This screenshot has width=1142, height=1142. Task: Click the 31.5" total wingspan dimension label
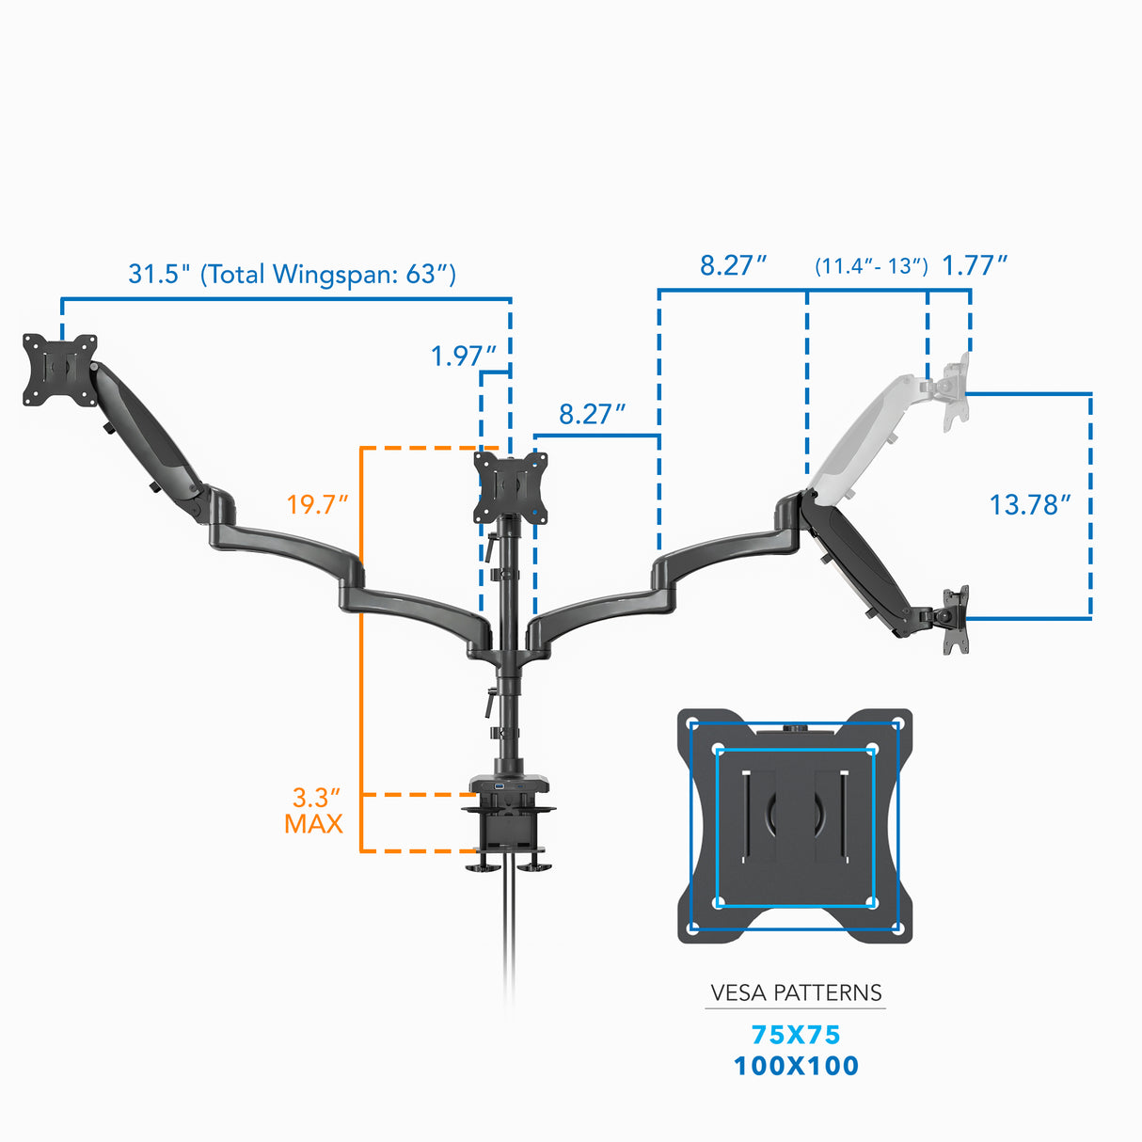coord(292,274)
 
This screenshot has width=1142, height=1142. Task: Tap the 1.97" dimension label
coord(463,356)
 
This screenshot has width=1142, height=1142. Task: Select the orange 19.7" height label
coord(317,504)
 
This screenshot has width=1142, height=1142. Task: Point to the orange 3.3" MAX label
coord(314,811)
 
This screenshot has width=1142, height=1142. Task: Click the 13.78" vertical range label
coord(1030,505)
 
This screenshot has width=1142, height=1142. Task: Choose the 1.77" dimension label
coord(975,265)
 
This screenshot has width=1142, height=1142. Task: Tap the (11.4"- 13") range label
coord(871,266)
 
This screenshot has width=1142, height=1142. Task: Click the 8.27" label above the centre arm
coord(592,414)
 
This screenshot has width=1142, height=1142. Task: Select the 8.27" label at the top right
coord(733,265)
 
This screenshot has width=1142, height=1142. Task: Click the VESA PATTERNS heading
coord(796,992)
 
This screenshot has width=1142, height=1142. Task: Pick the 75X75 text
coord(796,1035)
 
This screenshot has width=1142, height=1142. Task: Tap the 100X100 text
coord(796,1066)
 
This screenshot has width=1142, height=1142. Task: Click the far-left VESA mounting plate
coord(60,370)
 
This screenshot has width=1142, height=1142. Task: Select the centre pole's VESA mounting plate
coord(510,487)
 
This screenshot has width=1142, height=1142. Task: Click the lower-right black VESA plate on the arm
coord(956,619)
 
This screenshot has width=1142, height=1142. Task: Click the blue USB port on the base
coord(497,784)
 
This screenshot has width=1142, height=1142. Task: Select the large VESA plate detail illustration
coord(795,826)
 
